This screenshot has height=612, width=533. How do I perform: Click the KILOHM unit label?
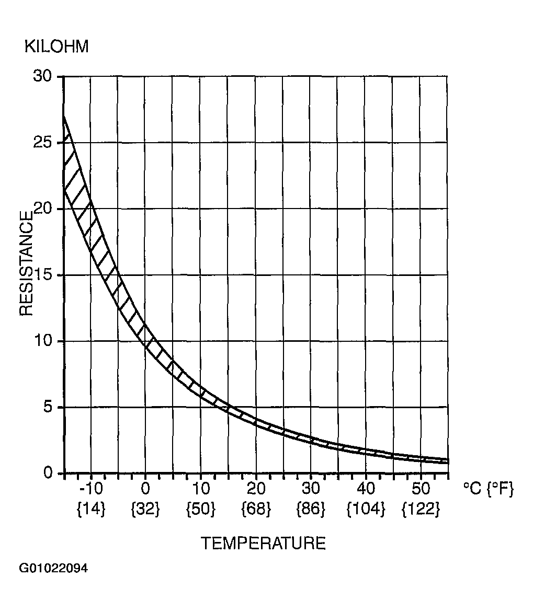point(56,47)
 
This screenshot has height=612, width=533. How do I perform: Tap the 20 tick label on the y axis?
point(44,209)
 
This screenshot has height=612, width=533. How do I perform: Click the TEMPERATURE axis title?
point(263,544)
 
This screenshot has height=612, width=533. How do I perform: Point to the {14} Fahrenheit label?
point(91,509)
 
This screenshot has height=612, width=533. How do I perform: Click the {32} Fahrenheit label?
point(145,509)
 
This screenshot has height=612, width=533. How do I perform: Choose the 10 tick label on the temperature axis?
point(200,489)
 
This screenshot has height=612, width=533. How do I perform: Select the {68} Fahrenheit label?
point(256,509)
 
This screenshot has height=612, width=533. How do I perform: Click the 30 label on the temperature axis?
point(311,489)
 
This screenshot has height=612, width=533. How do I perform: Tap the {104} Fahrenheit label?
point(366,509)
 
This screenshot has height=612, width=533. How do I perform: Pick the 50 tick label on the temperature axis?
point(421,489)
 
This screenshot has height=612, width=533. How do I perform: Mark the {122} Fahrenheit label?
point(421,509)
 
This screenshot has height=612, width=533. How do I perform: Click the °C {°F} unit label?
point(488,489)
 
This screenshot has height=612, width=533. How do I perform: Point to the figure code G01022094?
point(53,568)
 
